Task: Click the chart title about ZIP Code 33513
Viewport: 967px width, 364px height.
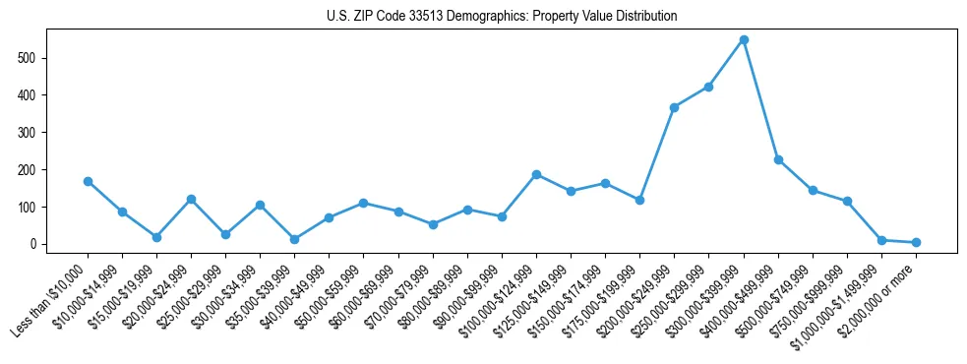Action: click(x=501, y=17)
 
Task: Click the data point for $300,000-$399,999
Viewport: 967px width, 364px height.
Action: click(x=744, y=40)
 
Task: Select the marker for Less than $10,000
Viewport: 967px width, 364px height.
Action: click(x=88, y=181)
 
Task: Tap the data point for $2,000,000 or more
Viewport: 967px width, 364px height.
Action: click(x=916, y=242)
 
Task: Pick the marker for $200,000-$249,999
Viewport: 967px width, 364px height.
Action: click(x=675, y=107)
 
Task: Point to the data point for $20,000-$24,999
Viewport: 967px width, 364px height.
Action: click(x=191, y=199)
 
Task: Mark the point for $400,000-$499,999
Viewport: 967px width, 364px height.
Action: click(x=778, y=159)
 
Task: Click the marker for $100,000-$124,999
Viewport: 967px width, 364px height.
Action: click(x=536, y=174)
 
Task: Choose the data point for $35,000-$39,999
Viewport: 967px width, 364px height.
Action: click(x=295, y=239)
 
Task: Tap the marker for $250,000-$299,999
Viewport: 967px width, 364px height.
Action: click(x=709, y=87)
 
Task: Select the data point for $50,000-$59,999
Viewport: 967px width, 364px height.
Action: click(x=364, y=203)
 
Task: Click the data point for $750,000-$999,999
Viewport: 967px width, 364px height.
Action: click(x=847, y=201)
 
